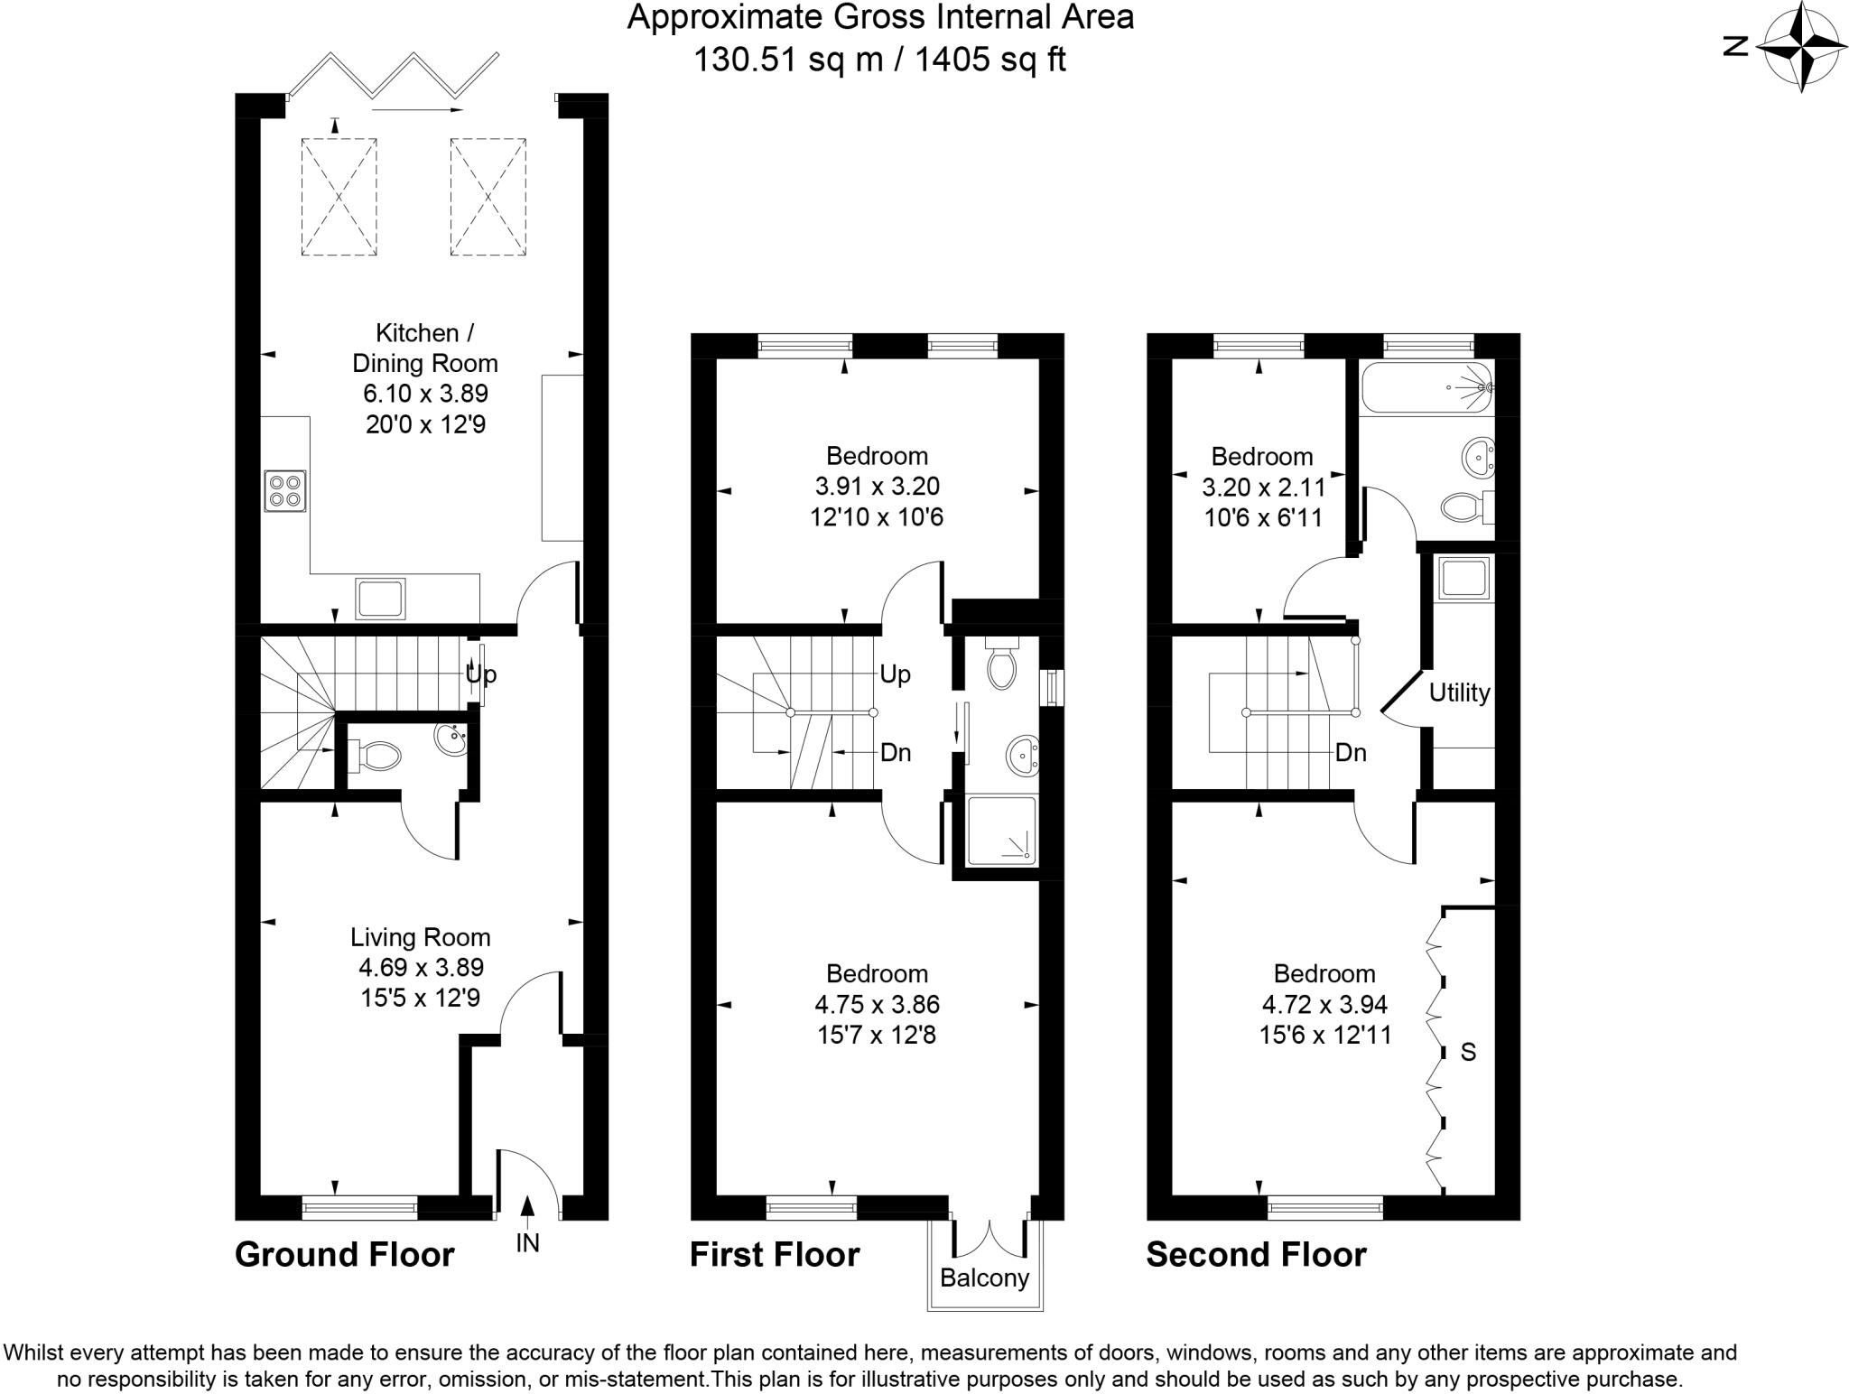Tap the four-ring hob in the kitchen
point(285,490)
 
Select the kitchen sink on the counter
point(380,598)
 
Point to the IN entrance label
point(527,1243)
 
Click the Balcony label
point(984,1278)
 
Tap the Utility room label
point(1459,692)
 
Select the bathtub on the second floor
point(1426,387)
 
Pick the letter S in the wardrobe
point(1468,1052)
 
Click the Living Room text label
point(421,937)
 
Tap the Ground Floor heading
point(344,1254)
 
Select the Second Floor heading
point(1256,1254)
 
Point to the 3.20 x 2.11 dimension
point(1263,488)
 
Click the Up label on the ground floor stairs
point(481,674)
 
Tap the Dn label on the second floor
point(1351,752)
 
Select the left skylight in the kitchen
point(339,196)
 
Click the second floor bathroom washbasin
point(1476,457)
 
